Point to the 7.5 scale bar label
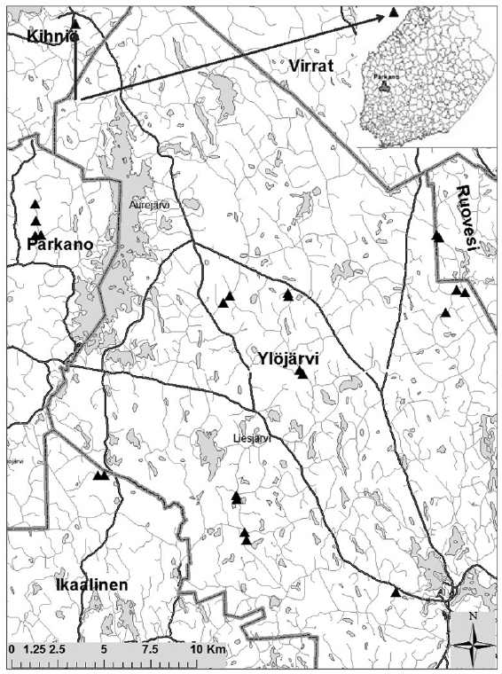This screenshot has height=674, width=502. pyautogui.click(x=151, y=649)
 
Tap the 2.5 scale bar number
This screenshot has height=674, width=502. pyautogui.click(x=59, y=649)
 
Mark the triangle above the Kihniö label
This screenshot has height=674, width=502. pyautogui.click(x=75, y=22)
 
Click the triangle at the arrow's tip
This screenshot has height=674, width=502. pyautogui.click(x=393, y=12)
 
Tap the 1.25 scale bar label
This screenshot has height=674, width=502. pyautogui.click(x=31, y=649)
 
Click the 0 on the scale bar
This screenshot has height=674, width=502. pyautogui.click(x=11, y=649)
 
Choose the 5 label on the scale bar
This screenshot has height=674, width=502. pyautogui.click(x=104, y=649)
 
